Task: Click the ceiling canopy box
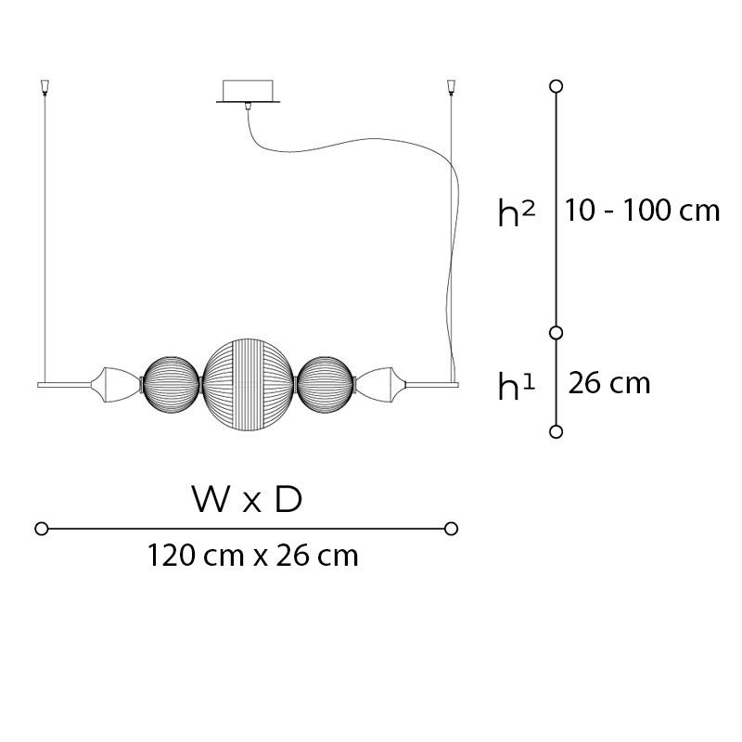[x=248, y=91]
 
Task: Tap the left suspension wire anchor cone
[x=45, y=87]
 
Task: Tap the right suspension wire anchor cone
[x=451, y=87]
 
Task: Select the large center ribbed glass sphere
[x=249, y=385]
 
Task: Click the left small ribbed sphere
[x=172, y=385]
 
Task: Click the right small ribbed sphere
[x=326, y=385]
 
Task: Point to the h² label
[x=517, y=212]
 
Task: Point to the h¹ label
[x=517, y=386]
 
